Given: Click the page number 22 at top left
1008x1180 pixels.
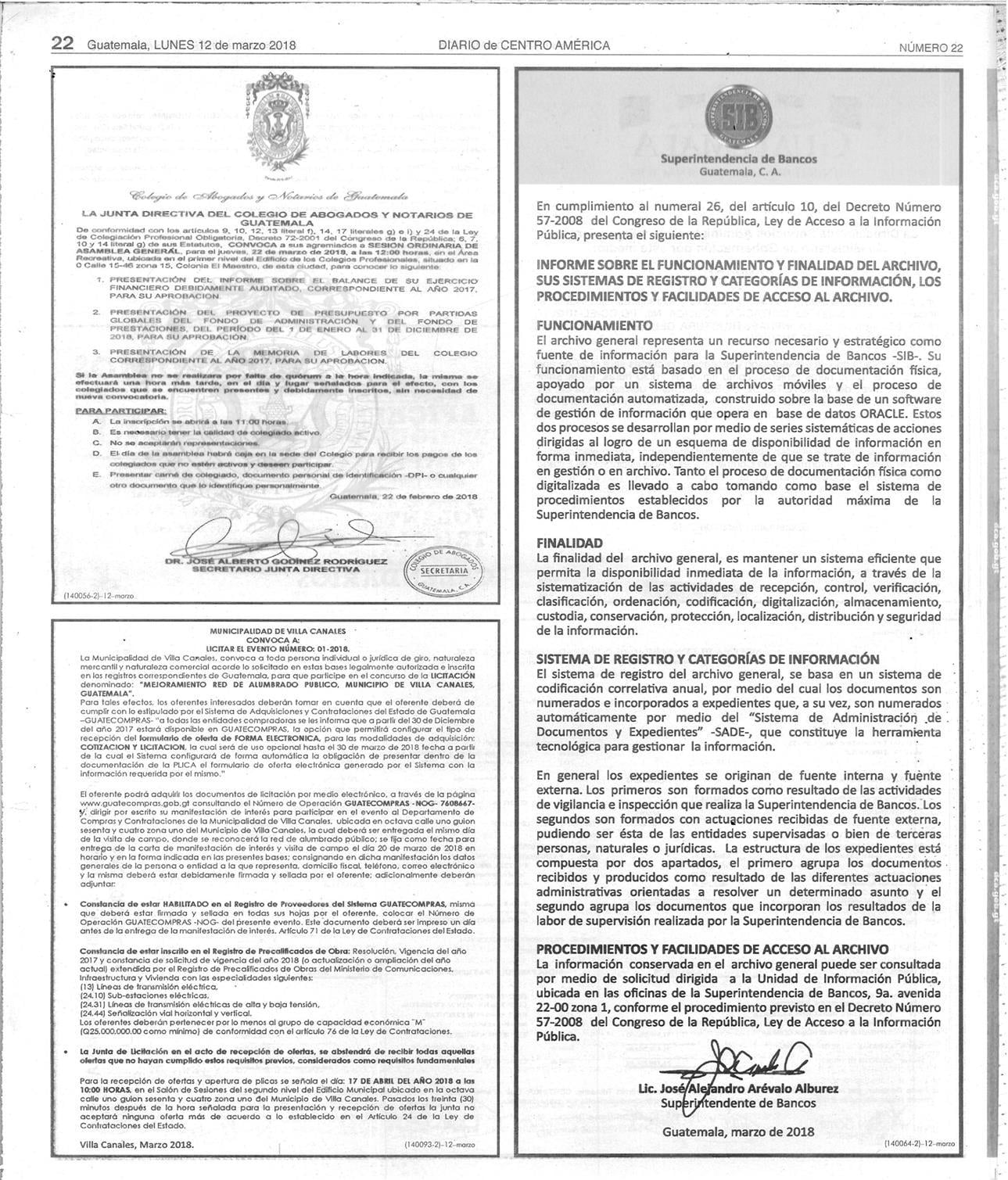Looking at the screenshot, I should tap(63, 44).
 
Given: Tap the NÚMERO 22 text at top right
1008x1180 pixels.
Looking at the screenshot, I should tap(931, 47).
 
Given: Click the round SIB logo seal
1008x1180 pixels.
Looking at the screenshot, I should tap(738, 114).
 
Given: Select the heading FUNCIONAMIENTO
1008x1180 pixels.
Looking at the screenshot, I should tap(594, 325).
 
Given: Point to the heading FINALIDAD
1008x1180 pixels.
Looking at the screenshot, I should tap(569, 543).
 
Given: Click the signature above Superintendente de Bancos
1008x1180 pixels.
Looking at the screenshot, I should tap(751, 1060).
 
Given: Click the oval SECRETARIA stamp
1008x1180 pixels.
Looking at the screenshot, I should tap(443, 569).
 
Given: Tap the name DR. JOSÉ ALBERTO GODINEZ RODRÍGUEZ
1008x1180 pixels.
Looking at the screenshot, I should tap(276, 561).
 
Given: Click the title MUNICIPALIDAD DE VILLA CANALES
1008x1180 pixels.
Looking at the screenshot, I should tap(276, 629).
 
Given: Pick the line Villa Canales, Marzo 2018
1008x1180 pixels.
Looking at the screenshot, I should tap(137, 1144).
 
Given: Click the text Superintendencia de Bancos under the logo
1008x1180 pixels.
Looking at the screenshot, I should tap(738, 159).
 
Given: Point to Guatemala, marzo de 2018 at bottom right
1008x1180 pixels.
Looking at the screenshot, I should tap(738, 1131).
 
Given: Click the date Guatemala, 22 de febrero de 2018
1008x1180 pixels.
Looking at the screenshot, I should tap(404, 496).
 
